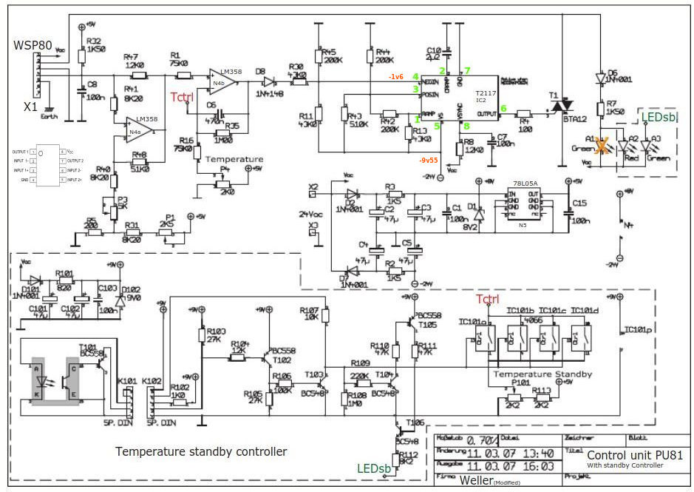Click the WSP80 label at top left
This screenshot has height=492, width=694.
pos(33,46)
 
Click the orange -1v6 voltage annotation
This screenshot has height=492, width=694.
pos(397,76)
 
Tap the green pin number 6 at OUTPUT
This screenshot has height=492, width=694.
pos(503,108)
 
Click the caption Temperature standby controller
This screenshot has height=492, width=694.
pos(201,451)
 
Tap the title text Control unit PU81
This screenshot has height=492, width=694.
pos(633,455)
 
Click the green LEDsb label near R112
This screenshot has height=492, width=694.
pos(373,468)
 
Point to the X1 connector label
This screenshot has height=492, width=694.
pos(30,107)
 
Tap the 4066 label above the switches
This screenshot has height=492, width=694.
pos(531,320)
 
